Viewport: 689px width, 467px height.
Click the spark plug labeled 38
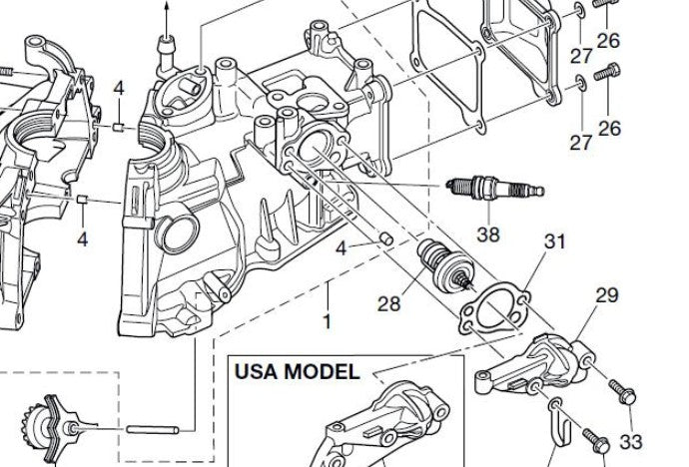[496, 188]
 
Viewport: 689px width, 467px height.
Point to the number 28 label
[389, 302]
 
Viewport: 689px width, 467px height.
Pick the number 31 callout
[555, 241]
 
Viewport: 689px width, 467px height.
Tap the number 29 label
[606, 295]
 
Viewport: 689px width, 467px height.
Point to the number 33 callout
[631, 442]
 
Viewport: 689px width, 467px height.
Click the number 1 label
[325, 322]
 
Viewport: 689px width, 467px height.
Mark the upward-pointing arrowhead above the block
[167, 4]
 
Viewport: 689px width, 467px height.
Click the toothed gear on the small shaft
[45, 420]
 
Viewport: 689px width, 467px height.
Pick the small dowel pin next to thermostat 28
[385, 238]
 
